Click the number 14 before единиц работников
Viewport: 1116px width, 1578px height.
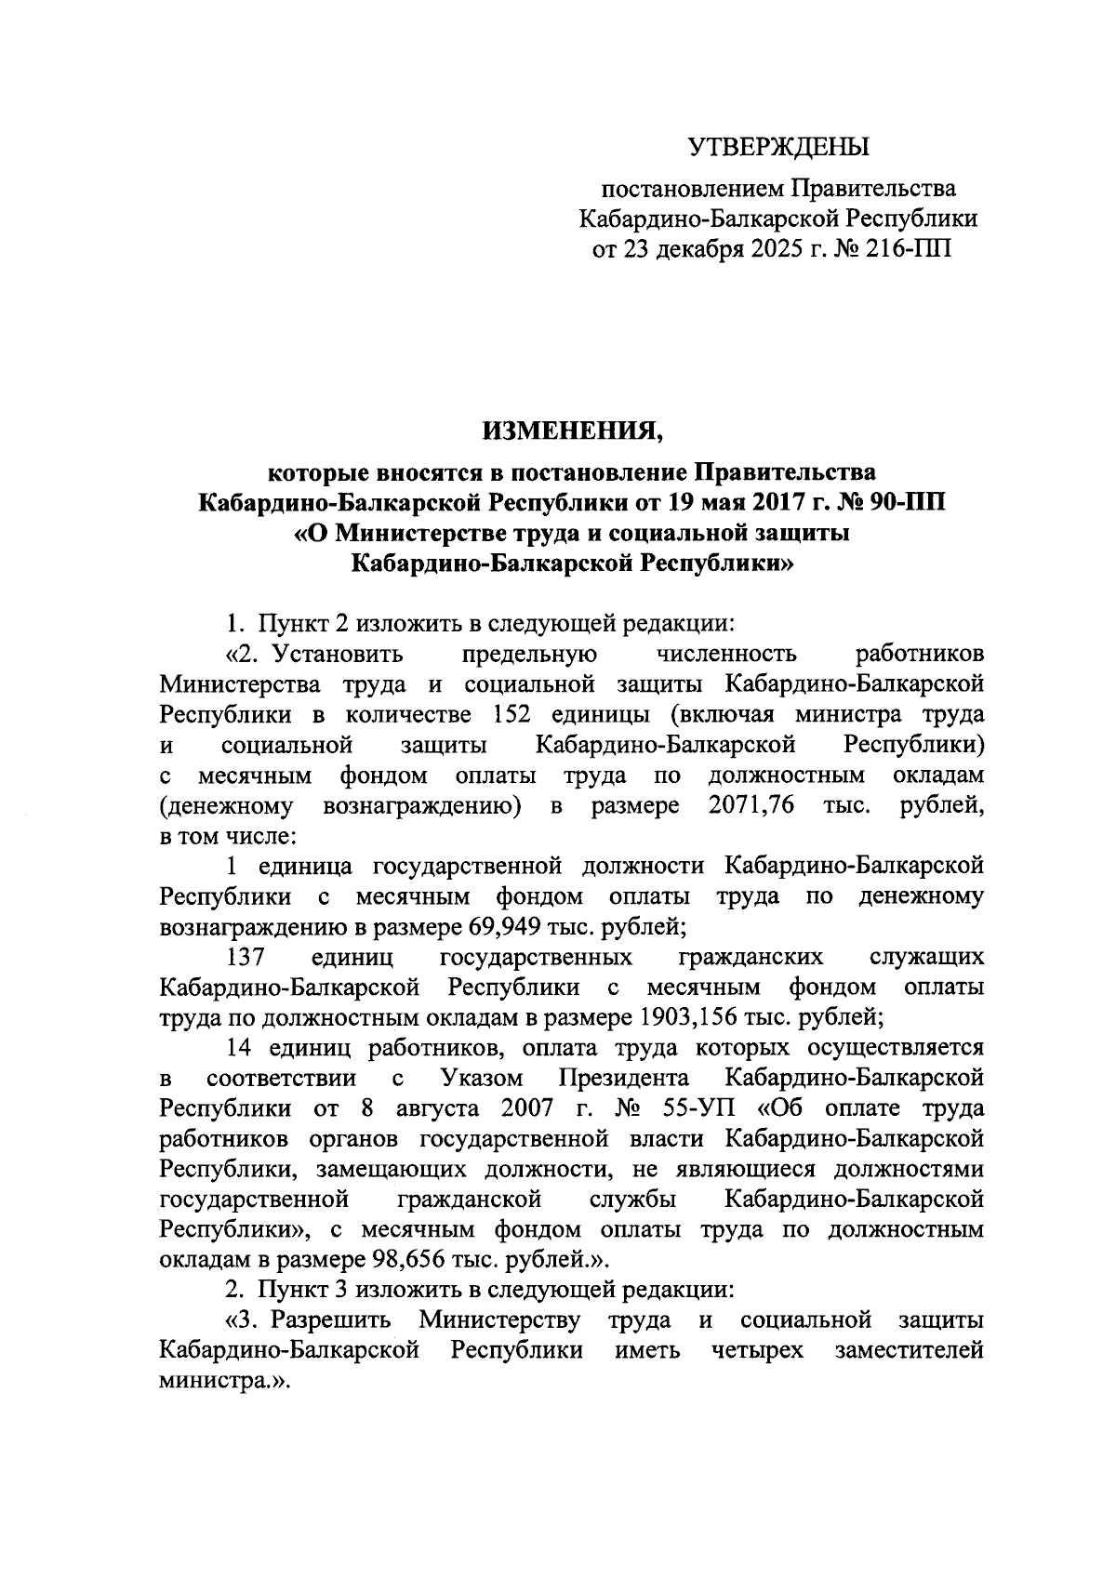click(x=240, y=1048)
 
